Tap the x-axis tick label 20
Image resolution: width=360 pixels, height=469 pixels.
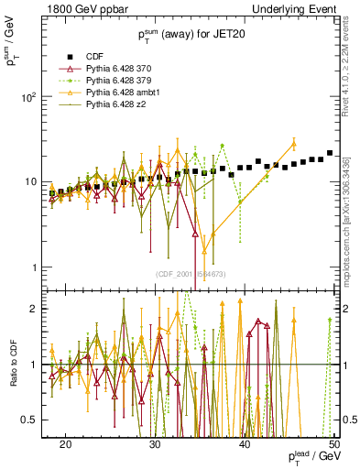pyautogui.click(x=66, y=444)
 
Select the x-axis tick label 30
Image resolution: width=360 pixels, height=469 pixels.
pyautogui.click(x=155, y=444)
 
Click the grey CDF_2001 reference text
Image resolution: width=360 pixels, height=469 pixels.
pyautogui.click(x=190, y=274)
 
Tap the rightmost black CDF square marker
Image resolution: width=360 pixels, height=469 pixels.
pyautogui.click(x=330, y=153)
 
